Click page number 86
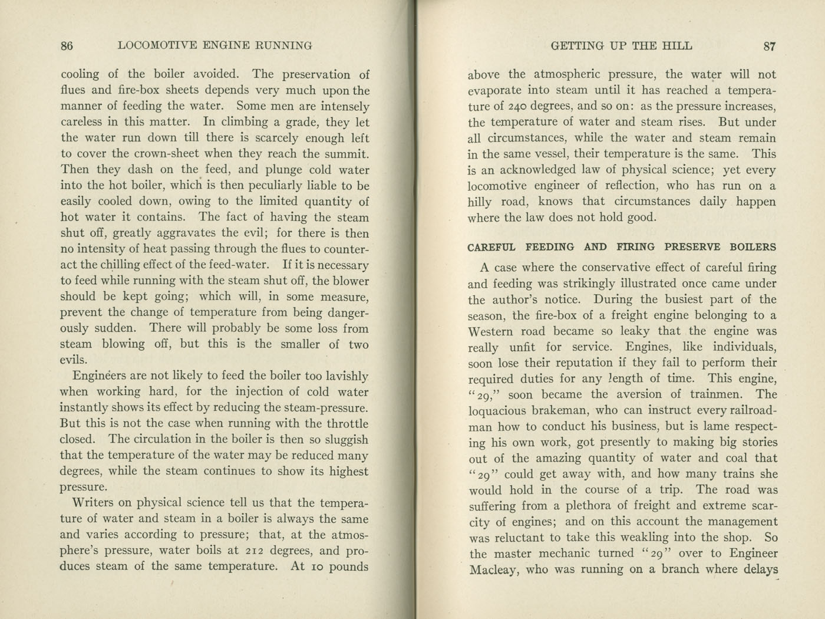coord(67,46)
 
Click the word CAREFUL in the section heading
coord(491,247)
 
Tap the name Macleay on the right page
coord(494,569)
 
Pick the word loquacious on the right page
coord(500,411)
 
